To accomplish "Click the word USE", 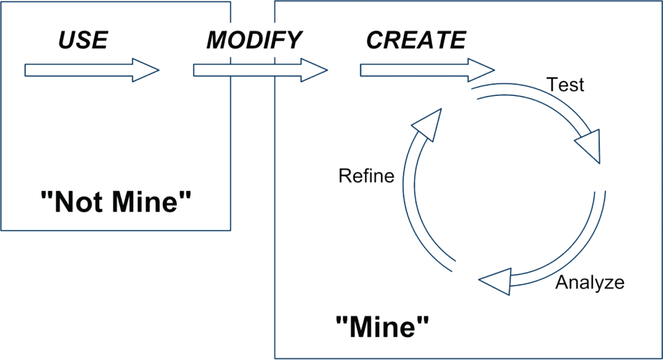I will point(82,40).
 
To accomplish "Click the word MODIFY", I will point(253,40).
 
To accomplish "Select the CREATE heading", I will point(416,40).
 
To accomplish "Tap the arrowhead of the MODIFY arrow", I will point(315,70).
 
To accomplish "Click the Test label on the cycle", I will point(565,85).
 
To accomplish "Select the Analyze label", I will point(590,283).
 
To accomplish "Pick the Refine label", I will point(366,176).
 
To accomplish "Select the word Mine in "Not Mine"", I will point(147,202).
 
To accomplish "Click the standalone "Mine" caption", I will point(382,327).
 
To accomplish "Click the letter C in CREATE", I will point(375,40).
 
